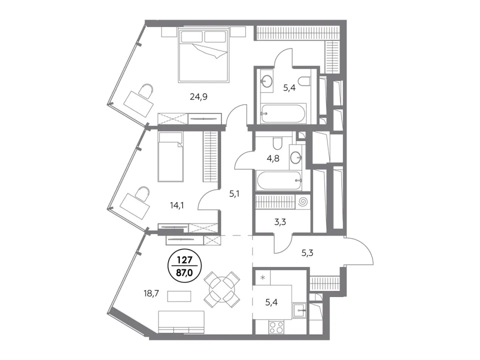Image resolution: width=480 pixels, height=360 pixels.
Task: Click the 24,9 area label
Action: [x=198, y=97]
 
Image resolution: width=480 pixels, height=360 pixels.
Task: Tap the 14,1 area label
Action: [x=177, y=205]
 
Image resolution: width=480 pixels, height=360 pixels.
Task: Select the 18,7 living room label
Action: [x=151, y=294]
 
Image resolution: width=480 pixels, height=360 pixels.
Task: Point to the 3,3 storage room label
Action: [x=280, y=222]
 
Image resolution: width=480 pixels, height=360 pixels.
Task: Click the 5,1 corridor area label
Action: [x=234, y=194]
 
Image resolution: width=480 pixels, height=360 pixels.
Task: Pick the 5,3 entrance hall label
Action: [x=307, y=253]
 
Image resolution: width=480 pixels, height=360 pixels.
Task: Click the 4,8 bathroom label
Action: [x=273, y=158]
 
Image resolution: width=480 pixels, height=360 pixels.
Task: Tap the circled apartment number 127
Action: [x=184, y=260]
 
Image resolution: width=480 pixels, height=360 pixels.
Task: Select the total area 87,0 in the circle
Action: [x=184, y=272]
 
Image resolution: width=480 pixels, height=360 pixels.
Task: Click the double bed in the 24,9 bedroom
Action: [x=204, y=55]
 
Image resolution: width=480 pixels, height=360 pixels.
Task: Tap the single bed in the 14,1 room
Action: [x=171, y=156]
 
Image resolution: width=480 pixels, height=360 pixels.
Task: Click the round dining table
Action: [x=222, y=289]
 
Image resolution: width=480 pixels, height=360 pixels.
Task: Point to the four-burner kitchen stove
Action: [x=276, y=326]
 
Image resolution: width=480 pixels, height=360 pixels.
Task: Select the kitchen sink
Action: [x=299, y=310]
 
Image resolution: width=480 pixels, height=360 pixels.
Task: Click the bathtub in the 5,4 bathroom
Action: [x=283, y=113]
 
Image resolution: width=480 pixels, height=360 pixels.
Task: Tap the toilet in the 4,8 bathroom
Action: [x=278, y=143]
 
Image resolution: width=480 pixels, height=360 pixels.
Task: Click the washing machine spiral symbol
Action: [x=303, y=201]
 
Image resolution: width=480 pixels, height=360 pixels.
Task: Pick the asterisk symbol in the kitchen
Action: [x=262, y=278]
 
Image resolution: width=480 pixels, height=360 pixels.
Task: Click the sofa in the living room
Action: [x=181, y=322]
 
